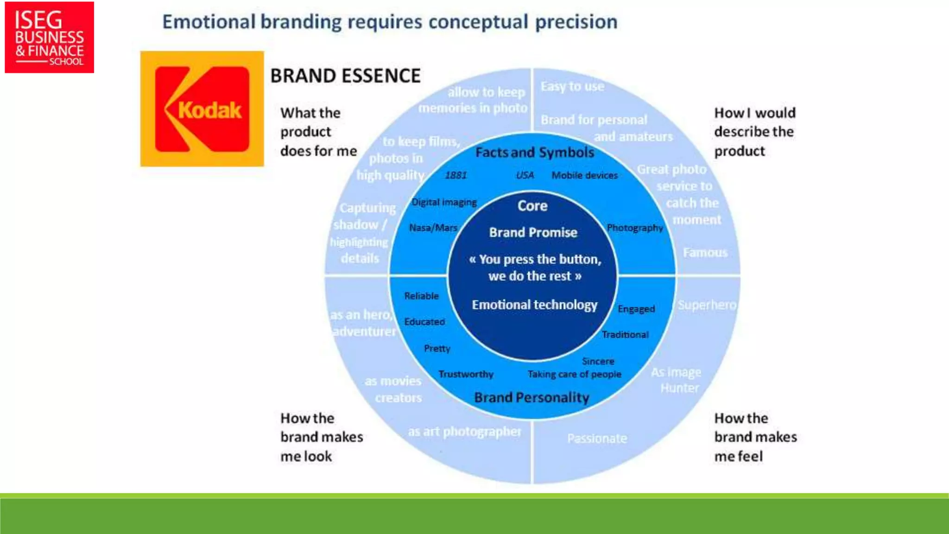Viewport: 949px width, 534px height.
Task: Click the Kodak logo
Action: coord(202,109)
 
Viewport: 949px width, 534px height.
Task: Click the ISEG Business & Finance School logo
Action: coord(49,37)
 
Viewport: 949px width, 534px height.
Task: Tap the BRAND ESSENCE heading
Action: coord(345,76)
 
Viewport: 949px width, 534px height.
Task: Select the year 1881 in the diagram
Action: coord(456,175)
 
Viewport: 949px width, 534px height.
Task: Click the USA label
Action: coord(525,175)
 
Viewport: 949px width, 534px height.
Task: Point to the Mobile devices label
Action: coord(584,175)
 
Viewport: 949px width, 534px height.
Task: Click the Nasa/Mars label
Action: coord(433,228)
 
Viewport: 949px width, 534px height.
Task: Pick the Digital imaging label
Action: coord(444,202)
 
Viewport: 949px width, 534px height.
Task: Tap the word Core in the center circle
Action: coord(532,206)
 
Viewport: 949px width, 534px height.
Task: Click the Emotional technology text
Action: coord(535,305)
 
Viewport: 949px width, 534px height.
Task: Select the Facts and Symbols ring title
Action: coord(535,153)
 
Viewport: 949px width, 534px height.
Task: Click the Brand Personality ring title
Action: coord(531,397)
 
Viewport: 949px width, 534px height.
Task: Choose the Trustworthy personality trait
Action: coord(466,374)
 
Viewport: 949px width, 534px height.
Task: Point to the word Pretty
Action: coord(437,348)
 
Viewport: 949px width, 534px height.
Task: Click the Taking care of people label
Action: coord(574,374)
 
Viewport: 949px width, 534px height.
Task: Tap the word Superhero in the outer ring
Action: coord(707,305)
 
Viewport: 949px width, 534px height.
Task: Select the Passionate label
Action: coord(597,438)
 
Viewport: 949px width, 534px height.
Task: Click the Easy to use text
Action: coord(572,86)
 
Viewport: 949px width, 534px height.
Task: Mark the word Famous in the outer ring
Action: coord(705,253)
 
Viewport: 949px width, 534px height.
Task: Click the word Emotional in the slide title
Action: coord(209,22)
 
